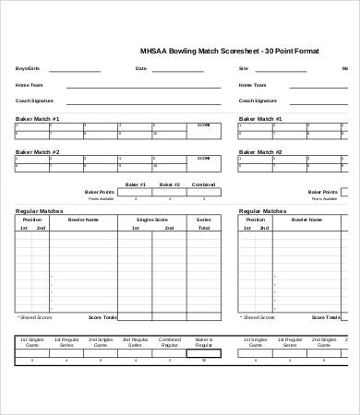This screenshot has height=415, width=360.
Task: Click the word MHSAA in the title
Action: coord(150,52)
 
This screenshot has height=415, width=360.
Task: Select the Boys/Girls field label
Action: coord(28,68)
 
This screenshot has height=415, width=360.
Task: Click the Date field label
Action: coord(141,68)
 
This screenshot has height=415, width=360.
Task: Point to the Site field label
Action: coord(244,68)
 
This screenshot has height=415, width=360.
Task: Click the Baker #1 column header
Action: coord(135,184)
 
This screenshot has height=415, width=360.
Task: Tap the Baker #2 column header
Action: coord(169,184)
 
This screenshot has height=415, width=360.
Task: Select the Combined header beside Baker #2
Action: coord(203,184)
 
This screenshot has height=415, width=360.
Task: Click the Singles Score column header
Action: coord(150,219)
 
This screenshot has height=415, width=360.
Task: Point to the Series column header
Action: coord(203,219)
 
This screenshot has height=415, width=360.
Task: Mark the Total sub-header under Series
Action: coord(203,227)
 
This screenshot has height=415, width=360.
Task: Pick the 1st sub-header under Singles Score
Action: coord(135,227)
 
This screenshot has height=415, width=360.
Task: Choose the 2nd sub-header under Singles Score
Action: coord(168,227)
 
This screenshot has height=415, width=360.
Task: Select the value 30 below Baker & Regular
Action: coord(204,360)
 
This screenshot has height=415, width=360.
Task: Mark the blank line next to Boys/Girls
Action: coord(74,70)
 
